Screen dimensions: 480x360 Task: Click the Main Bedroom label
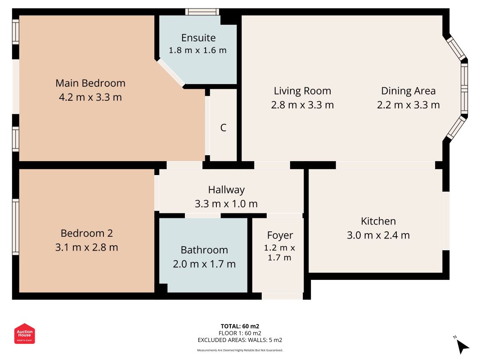pos(90,83)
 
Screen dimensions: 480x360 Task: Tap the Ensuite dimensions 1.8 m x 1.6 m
pos(198,50)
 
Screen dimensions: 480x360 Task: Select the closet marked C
pos(223,128)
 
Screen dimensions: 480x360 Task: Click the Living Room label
pos(302,91)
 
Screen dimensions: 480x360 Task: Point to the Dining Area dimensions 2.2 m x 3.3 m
pos(408,105)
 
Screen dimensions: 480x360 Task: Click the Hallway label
pos(226,190)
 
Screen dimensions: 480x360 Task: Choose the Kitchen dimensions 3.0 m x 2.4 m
pos(378,235)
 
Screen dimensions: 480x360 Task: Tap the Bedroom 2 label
pos(87,233)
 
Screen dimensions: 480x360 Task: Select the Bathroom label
pos(204,250)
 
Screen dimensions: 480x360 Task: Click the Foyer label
pos(280,235)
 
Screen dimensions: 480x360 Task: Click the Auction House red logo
pos(24,333)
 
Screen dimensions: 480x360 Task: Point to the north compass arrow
pos(462,346)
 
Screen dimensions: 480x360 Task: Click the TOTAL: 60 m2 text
pos(240,326)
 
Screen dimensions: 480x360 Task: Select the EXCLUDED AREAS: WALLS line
pos(240,340)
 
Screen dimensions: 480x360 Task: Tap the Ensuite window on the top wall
pos(202,12)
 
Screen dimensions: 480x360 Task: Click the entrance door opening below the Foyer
pos(282,296)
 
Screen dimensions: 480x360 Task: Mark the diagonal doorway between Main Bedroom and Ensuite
pos(171,73)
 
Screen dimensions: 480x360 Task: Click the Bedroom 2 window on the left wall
pos(16,227)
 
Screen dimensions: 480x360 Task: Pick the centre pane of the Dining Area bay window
pos(464,88)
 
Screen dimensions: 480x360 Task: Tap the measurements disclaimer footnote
pos(240,350)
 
